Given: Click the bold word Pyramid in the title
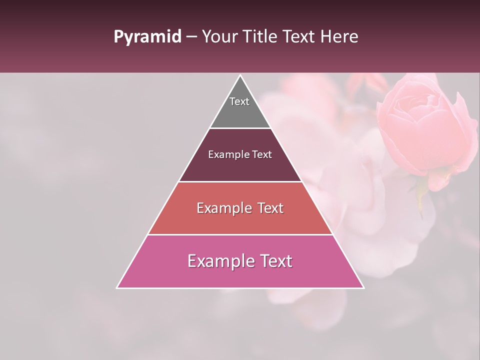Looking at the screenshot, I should pyautogui.click(x=147, y=37).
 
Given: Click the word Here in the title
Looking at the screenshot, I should pyautogui.click(x=340, y=37).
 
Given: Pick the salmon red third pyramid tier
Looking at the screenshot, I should pyautogui.click(x=240, y=220).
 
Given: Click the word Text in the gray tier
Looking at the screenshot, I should pyautogui.click(x=239, y=101).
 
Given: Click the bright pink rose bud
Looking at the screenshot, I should pyautogui.click(x=425, y=125).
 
